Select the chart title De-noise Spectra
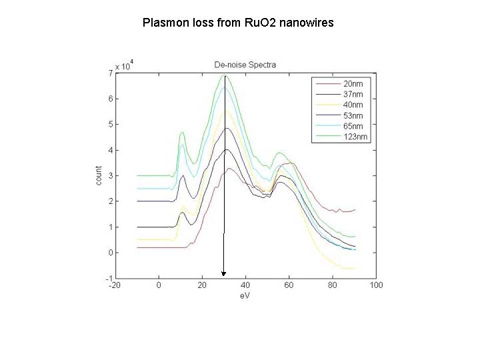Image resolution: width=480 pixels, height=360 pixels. (245, 65)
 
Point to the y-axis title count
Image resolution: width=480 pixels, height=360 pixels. (98, 175)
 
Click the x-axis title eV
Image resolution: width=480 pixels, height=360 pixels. (245, 295)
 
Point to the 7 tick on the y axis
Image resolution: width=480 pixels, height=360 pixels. (110, 73)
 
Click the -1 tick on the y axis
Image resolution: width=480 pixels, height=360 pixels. (108, 278)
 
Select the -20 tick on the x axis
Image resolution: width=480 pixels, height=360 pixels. (115, 285)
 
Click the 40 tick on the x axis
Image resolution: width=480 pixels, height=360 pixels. (245, 285)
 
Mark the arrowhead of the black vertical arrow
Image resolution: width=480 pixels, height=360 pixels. (224, 273)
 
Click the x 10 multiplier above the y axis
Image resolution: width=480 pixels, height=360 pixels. (125, 66)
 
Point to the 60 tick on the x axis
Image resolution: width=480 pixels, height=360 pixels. (289, 285)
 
